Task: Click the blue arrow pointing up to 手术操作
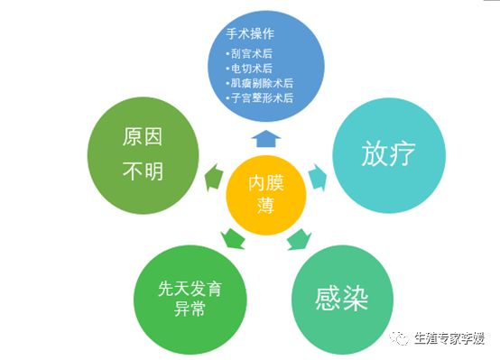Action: [265, 138]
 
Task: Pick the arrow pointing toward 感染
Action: [298, 240]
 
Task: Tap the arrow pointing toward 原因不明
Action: [212, 176]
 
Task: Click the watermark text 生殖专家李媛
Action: [449, 338]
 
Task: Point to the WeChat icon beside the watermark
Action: [399, 337]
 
